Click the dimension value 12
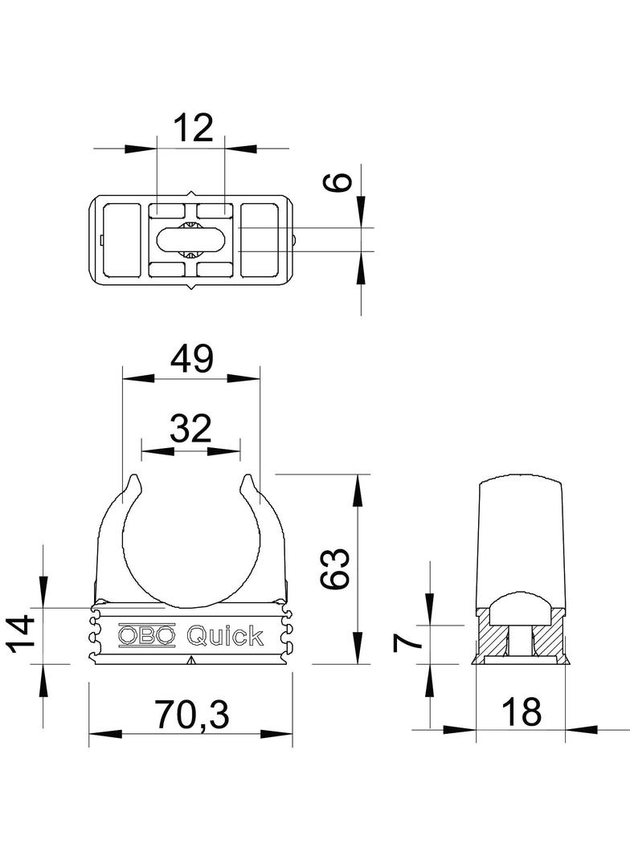[x=192, y=128]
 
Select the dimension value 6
[x=341, y=181]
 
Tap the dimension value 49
[x=191, y=359]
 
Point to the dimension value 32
[x=190, y=429]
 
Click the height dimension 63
[x=338, y=569]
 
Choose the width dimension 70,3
[x=190, y=714]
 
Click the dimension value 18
[x=520, y=711]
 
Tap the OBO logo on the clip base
[x=146, y=636]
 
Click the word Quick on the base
[x=225, y=636]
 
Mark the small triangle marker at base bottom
[x=190, y=660]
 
